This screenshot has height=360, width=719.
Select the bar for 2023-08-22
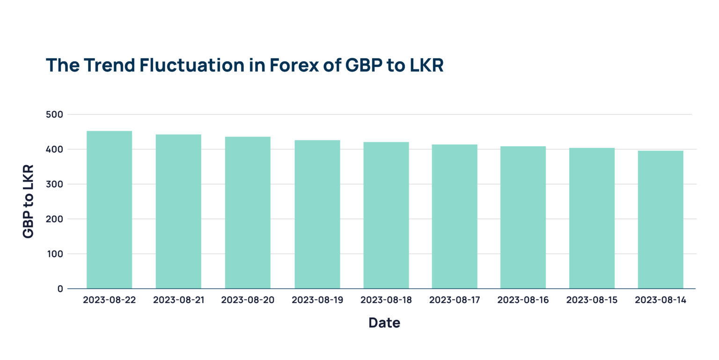(x=109, y=210)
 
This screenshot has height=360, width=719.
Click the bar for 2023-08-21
(x=178, y=212)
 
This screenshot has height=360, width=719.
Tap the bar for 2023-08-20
(x=248, y=213)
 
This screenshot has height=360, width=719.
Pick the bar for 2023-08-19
(x=317, y=214)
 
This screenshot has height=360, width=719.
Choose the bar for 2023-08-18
(x=386, y=215)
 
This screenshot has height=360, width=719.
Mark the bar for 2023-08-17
(x=455, y=216)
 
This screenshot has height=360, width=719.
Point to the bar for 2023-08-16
(x=523, y=217)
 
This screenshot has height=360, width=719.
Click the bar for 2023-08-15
(x=592, y=218)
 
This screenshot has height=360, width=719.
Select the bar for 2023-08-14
(x=660, y=220)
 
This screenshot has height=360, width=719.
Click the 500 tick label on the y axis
(x=54, y=115)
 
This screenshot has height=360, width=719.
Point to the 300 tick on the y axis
(x=54, y=184)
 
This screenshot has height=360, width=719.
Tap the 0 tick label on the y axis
(x=60, y=289)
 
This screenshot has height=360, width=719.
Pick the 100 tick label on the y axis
(x=54, y=254)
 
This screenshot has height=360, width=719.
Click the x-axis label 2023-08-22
(x=109, y=300)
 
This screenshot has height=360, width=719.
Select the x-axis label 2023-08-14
(x=660, y=300)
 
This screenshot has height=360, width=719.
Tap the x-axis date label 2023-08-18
(x=386, y=300)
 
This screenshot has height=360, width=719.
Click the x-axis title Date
(x=384, y=323)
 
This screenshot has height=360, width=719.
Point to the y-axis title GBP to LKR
(x=28, y=201)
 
